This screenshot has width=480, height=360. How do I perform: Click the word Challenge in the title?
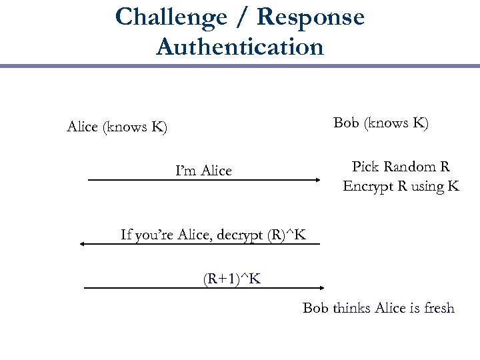click(171, 17)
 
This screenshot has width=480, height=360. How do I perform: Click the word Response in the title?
click(311, 17)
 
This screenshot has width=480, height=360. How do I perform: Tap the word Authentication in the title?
click(239, 47)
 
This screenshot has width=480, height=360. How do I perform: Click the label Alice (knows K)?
click(117, 127)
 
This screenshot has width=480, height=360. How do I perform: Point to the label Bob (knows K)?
click(381, 123)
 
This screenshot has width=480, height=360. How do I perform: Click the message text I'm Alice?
click(203, 171)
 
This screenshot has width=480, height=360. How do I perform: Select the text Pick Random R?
click(401, 167)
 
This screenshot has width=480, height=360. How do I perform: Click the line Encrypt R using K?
click(401, 186)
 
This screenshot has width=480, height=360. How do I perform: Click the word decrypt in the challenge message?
click(239, 235)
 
